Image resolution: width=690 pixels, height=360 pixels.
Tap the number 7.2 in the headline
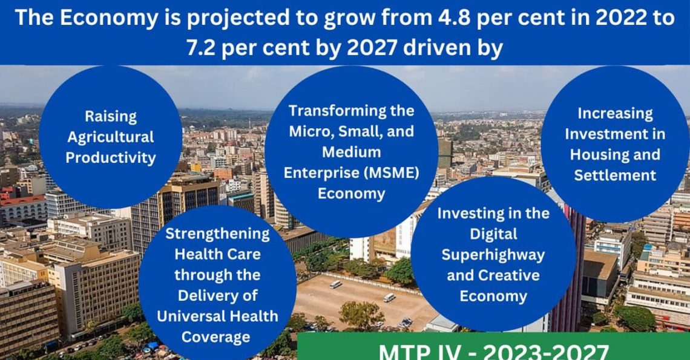(x=201, y=48)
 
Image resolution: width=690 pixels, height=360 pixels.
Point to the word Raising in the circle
(x=111, y=117)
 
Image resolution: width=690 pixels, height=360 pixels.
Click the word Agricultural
(x=111, y=137)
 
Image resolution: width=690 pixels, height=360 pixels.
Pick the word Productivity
(x=111, y=158)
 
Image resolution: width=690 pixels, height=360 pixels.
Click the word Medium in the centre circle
(x=351, y=152)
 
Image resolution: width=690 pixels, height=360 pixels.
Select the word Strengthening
(x=217, y=234)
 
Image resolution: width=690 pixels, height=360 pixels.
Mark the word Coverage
(x=215, y=338)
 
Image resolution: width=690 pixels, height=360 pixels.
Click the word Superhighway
(x=493, y=255)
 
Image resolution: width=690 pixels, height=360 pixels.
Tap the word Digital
(x=493, y=235)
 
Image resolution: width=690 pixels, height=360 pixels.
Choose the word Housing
(x=599, y=155)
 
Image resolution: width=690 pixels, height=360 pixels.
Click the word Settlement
(x=615, y=175)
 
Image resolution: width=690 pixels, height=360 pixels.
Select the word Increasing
(x=615, y=114)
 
